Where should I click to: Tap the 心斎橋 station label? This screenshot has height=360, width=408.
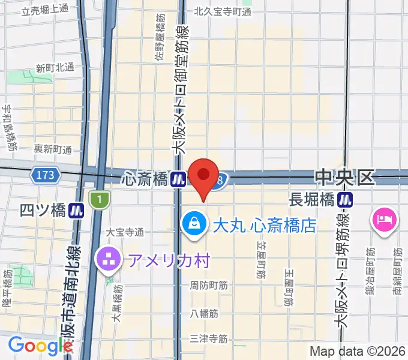(x=144, y=178)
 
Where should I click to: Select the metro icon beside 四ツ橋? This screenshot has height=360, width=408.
(x=76, y=210)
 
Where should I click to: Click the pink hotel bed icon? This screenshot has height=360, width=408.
(x=383, y=220)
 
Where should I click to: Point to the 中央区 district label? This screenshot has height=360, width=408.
(x=344, y=177)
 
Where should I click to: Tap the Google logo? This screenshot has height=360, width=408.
(x=40, y=346)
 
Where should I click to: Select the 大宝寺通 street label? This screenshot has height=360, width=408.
(x=125, y=232)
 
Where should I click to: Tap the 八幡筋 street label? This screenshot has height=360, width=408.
(x=204, y=313)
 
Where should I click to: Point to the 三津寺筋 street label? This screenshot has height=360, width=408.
(x=208, y=339)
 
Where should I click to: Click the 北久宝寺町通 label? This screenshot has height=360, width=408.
(x=221, y=11)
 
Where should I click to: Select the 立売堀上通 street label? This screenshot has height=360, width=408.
(x=44, y=10)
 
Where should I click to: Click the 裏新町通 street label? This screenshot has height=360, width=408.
(x=52, y=149)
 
